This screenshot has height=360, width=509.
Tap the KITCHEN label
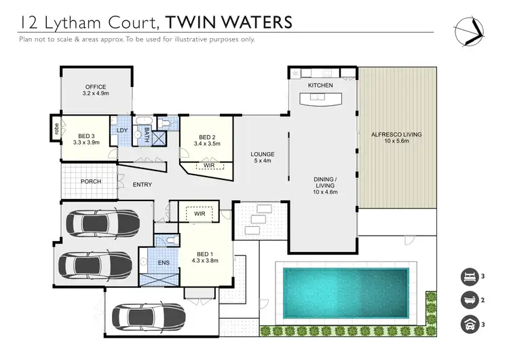point(320,86)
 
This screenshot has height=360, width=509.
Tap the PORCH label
point(91,181)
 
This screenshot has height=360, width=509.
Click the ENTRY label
point(143,185)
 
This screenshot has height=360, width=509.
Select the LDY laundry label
point(122,130)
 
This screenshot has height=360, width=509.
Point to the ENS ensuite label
point(164,262)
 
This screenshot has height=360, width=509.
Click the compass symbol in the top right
point(468,30)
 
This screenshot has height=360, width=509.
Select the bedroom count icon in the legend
point(468,276)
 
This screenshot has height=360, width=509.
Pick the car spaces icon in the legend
point(468,325)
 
